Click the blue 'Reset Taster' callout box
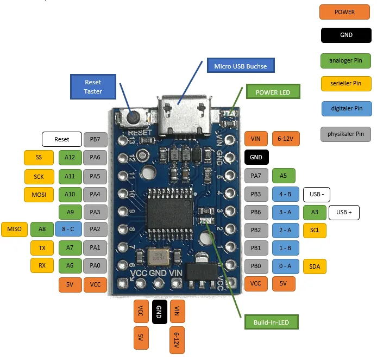point(93,87)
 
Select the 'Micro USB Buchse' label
point(240,66)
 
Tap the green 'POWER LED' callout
point(273,92)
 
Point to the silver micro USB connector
point(185,114)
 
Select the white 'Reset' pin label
point(62,140)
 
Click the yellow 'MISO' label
point(15,229)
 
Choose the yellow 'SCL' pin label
point(315,230)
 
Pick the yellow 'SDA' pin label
point(315,266)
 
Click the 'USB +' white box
point(344,212)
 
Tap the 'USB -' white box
point(317,194)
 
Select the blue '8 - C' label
point(68,229)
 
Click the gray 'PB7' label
point(95,140)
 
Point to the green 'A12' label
point(70,158)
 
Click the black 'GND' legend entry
point(346,35)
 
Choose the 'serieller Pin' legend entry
point(346,84)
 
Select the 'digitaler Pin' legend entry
point(346,108)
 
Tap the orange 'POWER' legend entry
point(344,11)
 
